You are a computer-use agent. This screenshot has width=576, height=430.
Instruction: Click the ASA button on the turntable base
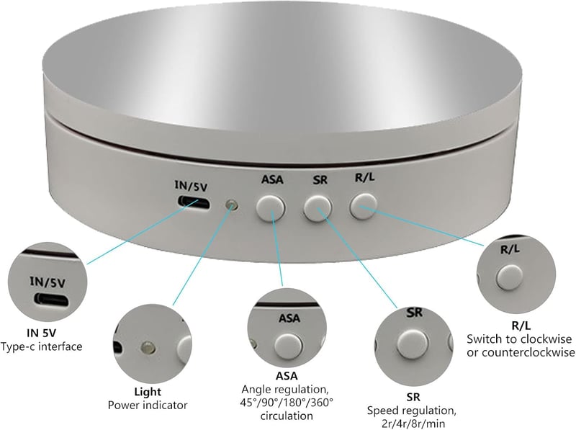(271, 208)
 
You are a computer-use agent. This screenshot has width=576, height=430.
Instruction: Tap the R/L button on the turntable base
(364, 206)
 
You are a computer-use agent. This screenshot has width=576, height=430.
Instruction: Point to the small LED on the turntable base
(232, 205)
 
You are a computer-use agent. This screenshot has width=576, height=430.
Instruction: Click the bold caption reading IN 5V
(42, 333)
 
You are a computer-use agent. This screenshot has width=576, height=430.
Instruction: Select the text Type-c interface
(41, 346)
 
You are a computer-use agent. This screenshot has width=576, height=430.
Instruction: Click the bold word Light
(148, 392)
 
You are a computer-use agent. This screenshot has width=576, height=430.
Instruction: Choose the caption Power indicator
(148, 406)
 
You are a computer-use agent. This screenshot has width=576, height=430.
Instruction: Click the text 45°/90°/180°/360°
(287, 402)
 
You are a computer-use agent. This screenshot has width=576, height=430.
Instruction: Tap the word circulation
(287, 416)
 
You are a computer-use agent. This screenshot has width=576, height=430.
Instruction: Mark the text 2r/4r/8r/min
(413, 424)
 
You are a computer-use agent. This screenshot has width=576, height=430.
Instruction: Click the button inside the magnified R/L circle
(509, 278)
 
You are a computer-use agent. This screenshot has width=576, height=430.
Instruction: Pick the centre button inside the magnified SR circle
(413, 345)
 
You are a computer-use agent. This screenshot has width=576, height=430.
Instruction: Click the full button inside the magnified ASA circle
(289, 346)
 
